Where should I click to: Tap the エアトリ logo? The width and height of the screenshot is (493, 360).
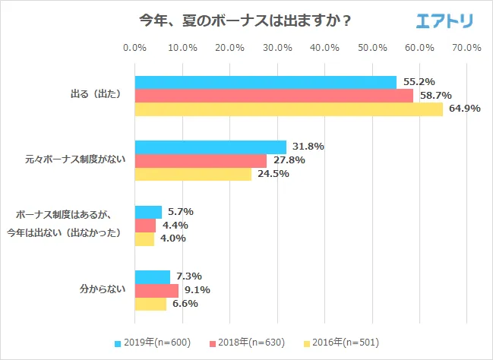444,21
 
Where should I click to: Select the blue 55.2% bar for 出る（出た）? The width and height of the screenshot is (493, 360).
266,82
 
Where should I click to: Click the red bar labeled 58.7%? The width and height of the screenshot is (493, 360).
274,96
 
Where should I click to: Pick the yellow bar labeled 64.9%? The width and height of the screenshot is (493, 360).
289,109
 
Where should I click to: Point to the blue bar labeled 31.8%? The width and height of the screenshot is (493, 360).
210,147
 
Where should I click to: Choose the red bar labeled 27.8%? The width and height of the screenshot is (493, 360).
201,160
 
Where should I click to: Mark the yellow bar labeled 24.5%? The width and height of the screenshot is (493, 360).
193,174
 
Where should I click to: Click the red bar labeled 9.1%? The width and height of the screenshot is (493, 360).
156,290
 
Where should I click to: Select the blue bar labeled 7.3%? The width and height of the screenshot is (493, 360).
152,276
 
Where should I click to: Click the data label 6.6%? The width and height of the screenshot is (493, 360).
184,304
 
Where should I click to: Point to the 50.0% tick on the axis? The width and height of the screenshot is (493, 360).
372,48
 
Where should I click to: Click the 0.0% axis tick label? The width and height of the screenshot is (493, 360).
134,48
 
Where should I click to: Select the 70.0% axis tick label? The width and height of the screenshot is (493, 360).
466,48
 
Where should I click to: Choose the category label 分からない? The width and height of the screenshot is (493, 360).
100,290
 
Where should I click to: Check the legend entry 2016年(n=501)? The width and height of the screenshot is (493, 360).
343,343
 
